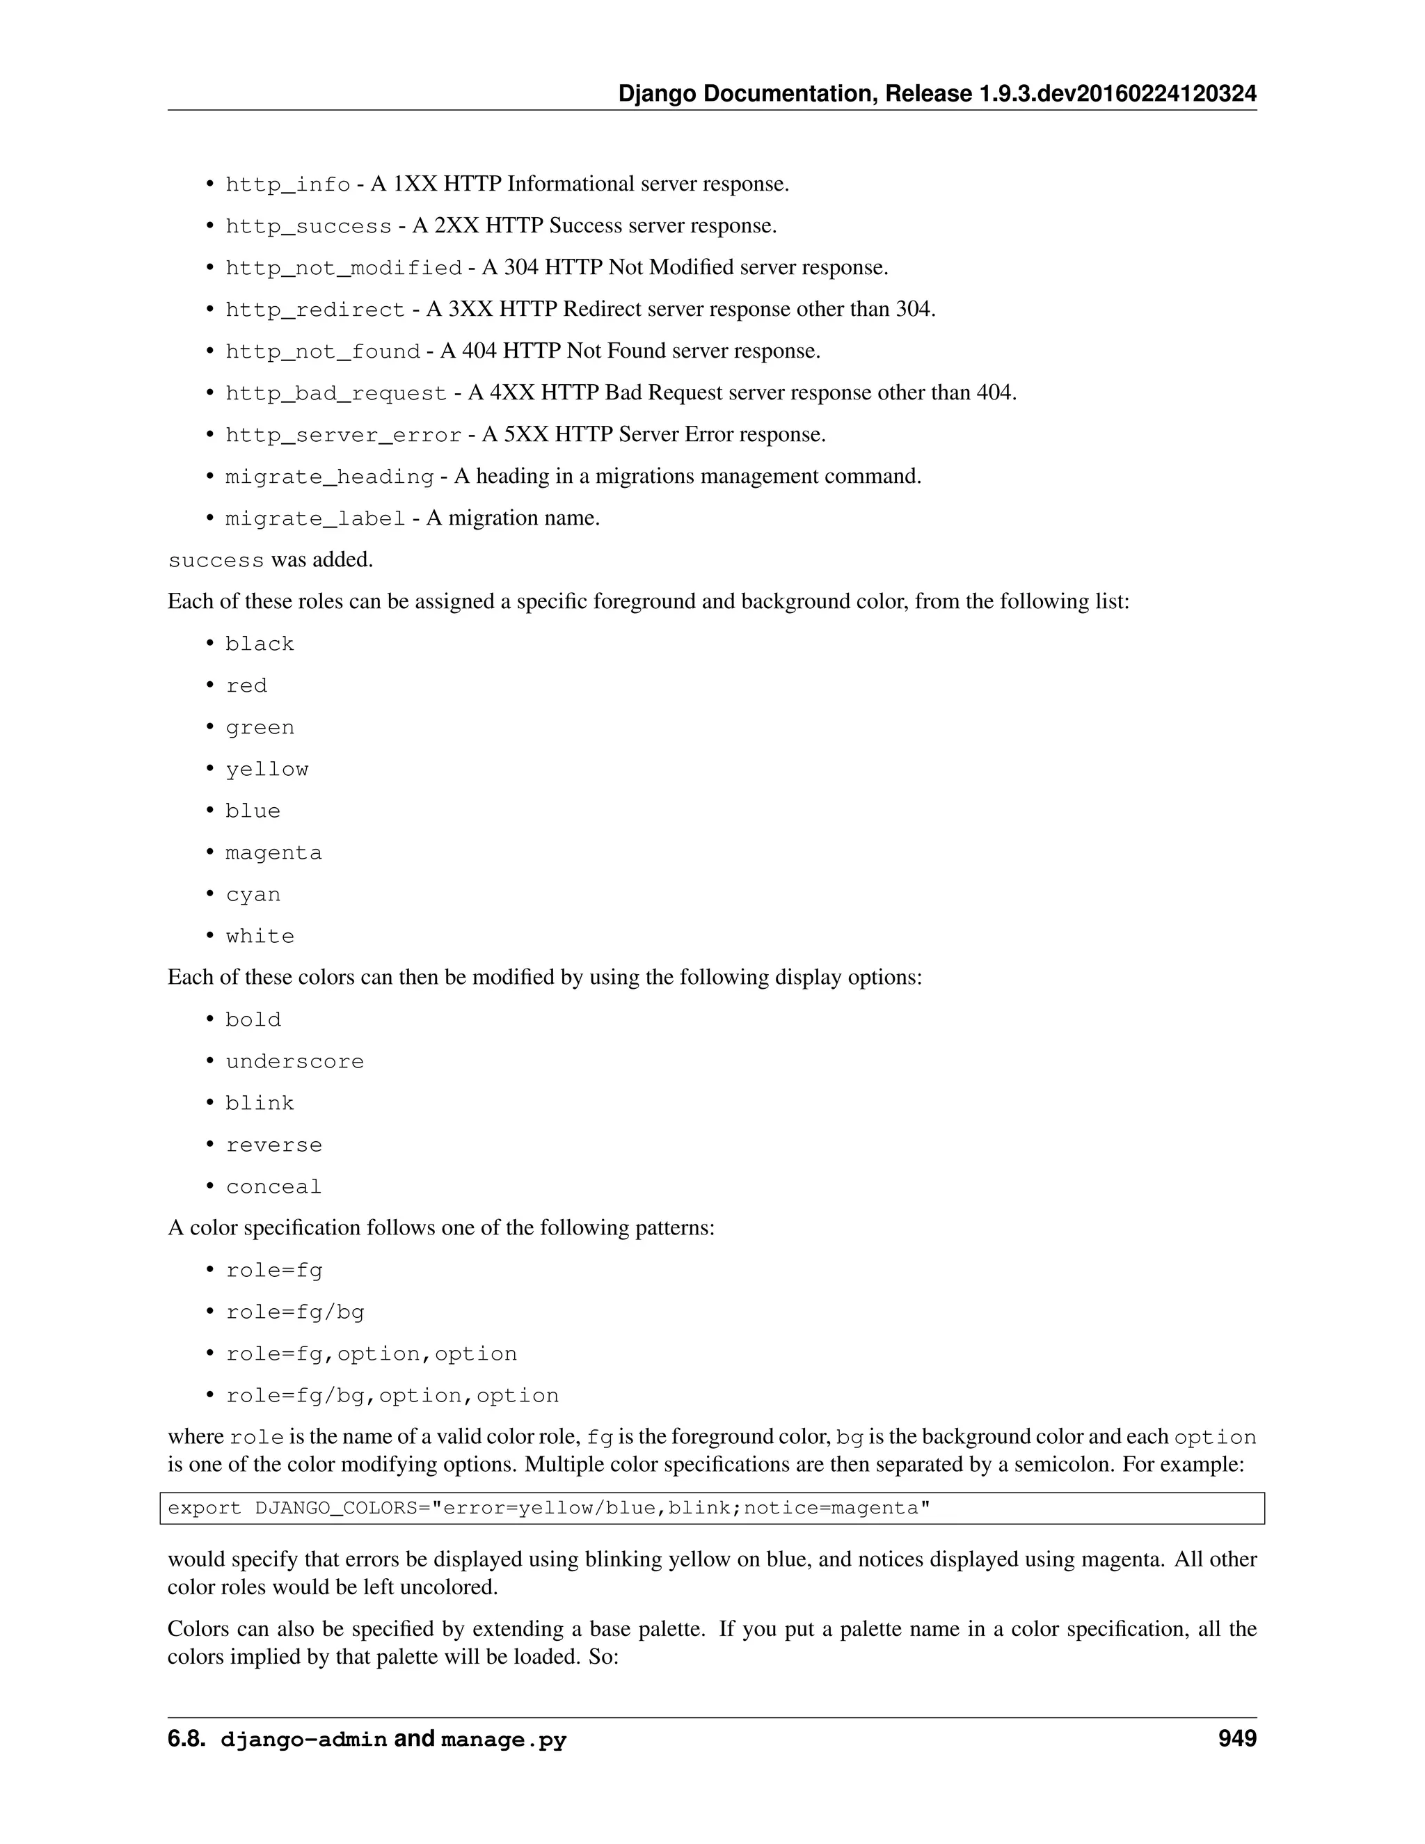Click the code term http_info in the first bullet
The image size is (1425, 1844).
tap(287, 184)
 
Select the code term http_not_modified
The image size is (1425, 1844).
tap(343, 268)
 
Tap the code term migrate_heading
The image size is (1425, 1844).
tap(329, 477)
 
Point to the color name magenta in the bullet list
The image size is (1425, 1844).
tap(273, 853)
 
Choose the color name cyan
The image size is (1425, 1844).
tap(253, 895)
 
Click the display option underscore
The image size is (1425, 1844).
tap(294, 1062)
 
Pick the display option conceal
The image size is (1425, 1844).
tap(273, 1187)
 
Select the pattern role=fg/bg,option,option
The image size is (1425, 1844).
tap(392, 1396)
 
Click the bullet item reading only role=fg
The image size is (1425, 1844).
tap(273, 1271)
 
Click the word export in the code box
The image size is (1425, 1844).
tap(205, 1509)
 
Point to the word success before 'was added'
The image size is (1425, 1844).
tap(216, 561)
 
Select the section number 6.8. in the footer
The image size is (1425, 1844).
tap(186, 1740)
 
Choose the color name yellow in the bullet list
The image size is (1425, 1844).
tap(266, 769)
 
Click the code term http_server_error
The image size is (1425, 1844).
tap(343, 435)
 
